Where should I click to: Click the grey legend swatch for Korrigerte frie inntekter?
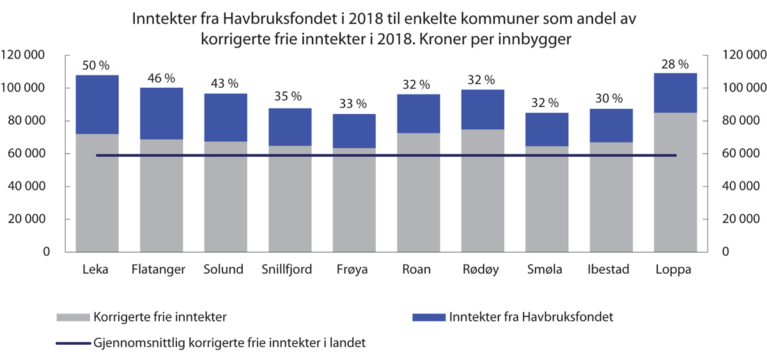tap(74, 317)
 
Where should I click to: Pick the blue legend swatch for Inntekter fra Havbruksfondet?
tap(429, 317)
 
